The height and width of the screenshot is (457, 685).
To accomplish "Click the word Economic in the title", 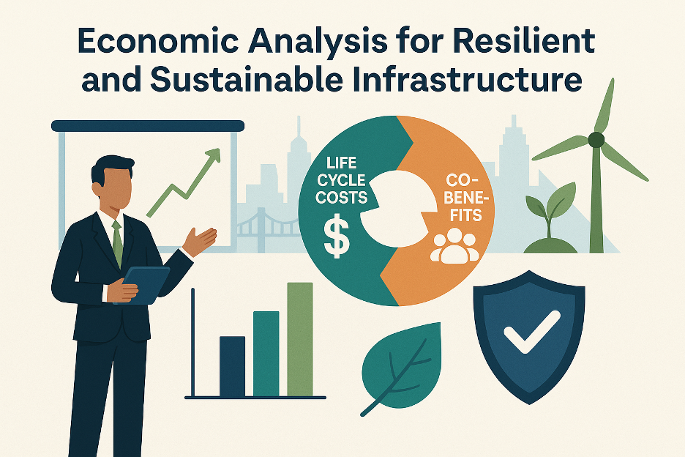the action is (158, 42).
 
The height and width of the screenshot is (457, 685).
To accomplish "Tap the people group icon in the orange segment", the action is (454, 246).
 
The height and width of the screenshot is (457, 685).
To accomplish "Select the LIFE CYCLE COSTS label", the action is (342, 180).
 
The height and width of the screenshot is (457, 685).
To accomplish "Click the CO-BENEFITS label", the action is (465, 197).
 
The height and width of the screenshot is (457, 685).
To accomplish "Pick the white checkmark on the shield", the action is (531, 332).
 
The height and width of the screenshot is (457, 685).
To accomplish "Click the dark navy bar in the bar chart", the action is (232, 366).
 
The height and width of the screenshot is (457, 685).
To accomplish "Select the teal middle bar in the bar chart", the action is (266, 354).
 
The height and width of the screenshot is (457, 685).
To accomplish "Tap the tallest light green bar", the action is (300, 339).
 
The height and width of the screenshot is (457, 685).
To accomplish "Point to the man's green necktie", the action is (117, 242).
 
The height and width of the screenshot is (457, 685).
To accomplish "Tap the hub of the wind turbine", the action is (596, 140).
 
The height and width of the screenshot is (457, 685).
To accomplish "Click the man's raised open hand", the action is (200, 241).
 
